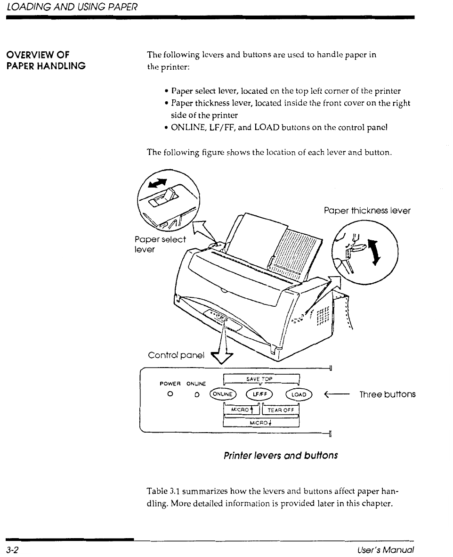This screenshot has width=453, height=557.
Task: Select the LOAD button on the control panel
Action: click(299, 394)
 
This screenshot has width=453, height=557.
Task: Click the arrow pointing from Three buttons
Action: click(335, 394)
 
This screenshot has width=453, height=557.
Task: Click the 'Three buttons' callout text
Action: click(387, 394)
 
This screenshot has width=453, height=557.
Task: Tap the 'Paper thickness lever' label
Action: click(367, 211)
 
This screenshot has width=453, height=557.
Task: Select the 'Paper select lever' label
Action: click(160, 244)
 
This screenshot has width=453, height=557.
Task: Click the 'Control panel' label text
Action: click(177, 355)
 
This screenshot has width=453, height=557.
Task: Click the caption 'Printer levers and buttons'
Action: click(280, 456)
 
